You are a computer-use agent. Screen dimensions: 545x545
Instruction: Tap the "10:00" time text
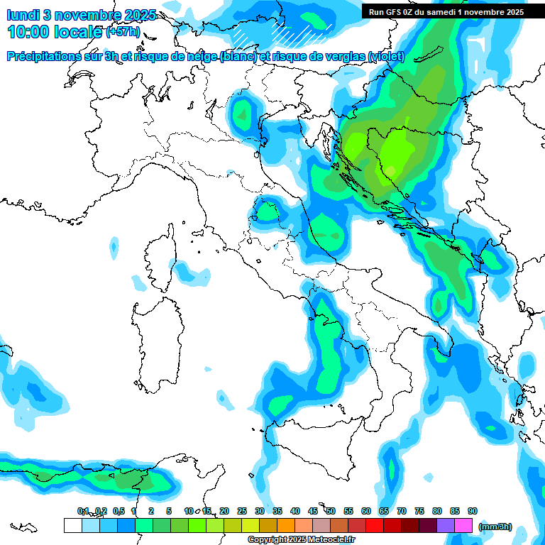point(28,31)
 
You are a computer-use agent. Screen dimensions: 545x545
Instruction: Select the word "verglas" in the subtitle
point(340,57)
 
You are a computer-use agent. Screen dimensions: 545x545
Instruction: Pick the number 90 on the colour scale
point(473,511)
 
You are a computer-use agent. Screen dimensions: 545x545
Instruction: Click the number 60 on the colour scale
point(366,511)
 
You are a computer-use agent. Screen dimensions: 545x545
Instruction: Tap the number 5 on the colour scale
point(169,511)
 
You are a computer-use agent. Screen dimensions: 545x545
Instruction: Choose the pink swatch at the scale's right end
point(463,525)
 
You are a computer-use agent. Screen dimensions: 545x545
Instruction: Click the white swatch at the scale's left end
point(72,525)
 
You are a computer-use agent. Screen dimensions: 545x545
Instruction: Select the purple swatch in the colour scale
point(446,525)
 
